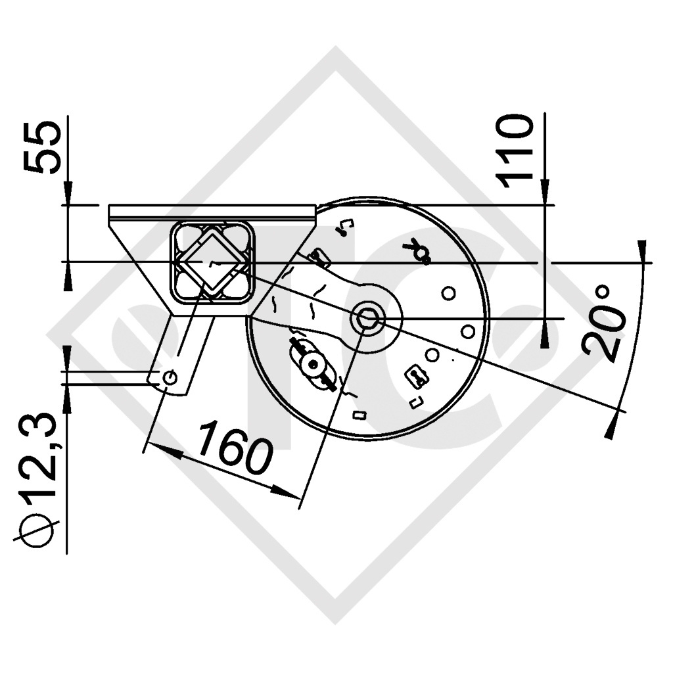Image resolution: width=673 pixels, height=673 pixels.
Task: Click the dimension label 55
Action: (43, 147)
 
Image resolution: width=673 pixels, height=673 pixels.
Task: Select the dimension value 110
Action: (515, 151)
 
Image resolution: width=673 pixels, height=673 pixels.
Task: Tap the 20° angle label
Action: (603, 323)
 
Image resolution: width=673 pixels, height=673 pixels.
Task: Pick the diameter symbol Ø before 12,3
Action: (37, 528)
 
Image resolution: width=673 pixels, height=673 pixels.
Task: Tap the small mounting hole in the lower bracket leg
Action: (170, 377)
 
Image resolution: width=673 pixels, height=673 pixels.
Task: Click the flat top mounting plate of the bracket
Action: (211, 212)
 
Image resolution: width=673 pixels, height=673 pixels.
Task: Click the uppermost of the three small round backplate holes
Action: (448, 293)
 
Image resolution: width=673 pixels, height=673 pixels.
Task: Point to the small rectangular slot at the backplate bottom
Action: (359, 414)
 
